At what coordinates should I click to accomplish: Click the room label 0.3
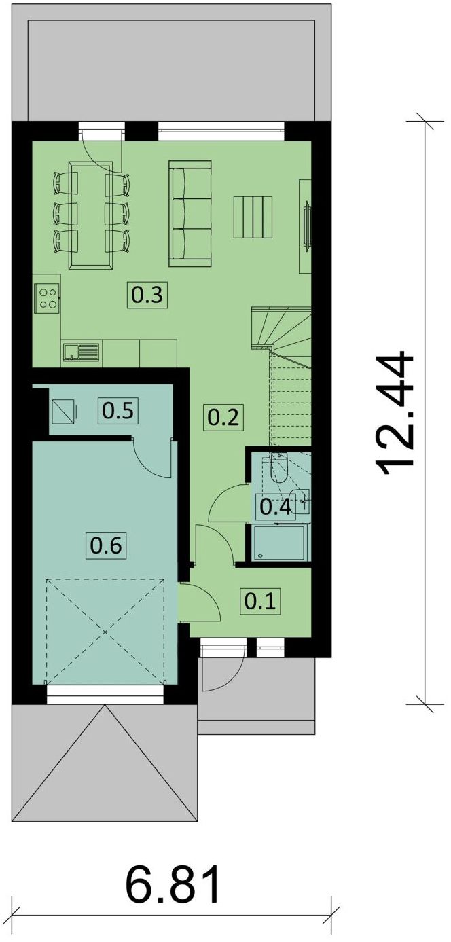(147, 295)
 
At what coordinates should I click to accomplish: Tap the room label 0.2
(223, 418)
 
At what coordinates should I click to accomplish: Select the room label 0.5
(118, 410)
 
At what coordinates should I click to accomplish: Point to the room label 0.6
(106, 546)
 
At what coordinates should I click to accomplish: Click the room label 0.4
(275, 507)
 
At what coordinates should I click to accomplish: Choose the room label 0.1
(260, 602)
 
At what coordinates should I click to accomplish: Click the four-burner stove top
(47, 297)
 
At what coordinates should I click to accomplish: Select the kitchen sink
(82, 352)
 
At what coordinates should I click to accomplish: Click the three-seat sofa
(190, 213)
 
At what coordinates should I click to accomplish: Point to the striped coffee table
(253, 217)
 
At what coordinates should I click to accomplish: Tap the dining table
(92, 214)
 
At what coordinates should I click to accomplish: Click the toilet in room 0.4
(278, 469)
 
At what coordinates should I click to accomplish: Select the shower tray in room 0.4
(279, 542)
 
